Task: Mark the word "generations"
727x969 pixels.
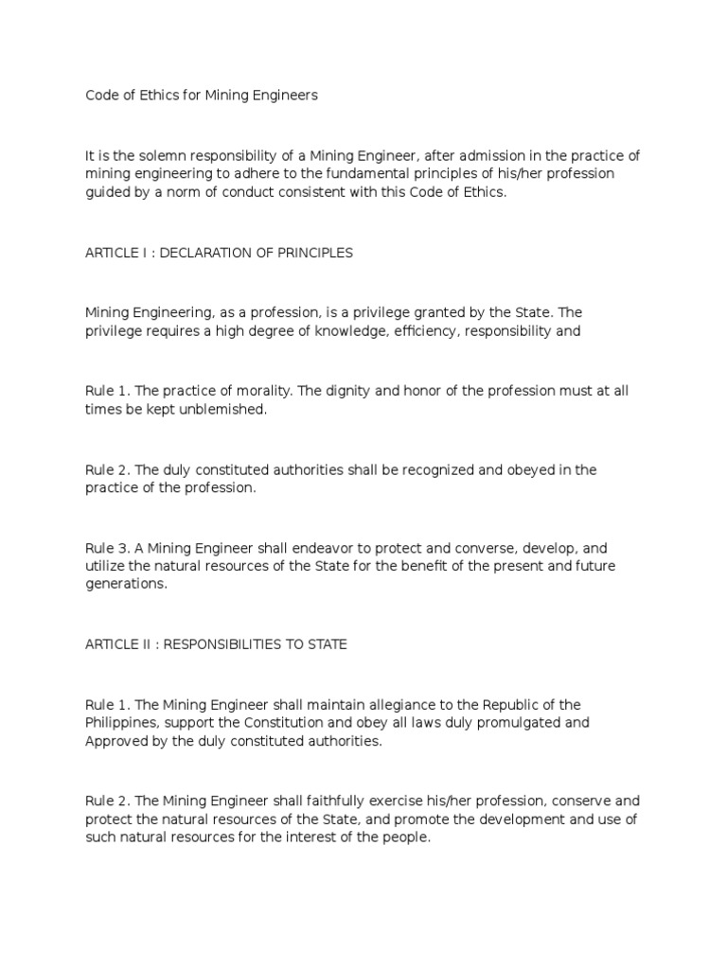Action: click(126, 584)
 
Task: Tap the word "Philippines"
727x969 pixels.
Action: click(120, 723)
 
